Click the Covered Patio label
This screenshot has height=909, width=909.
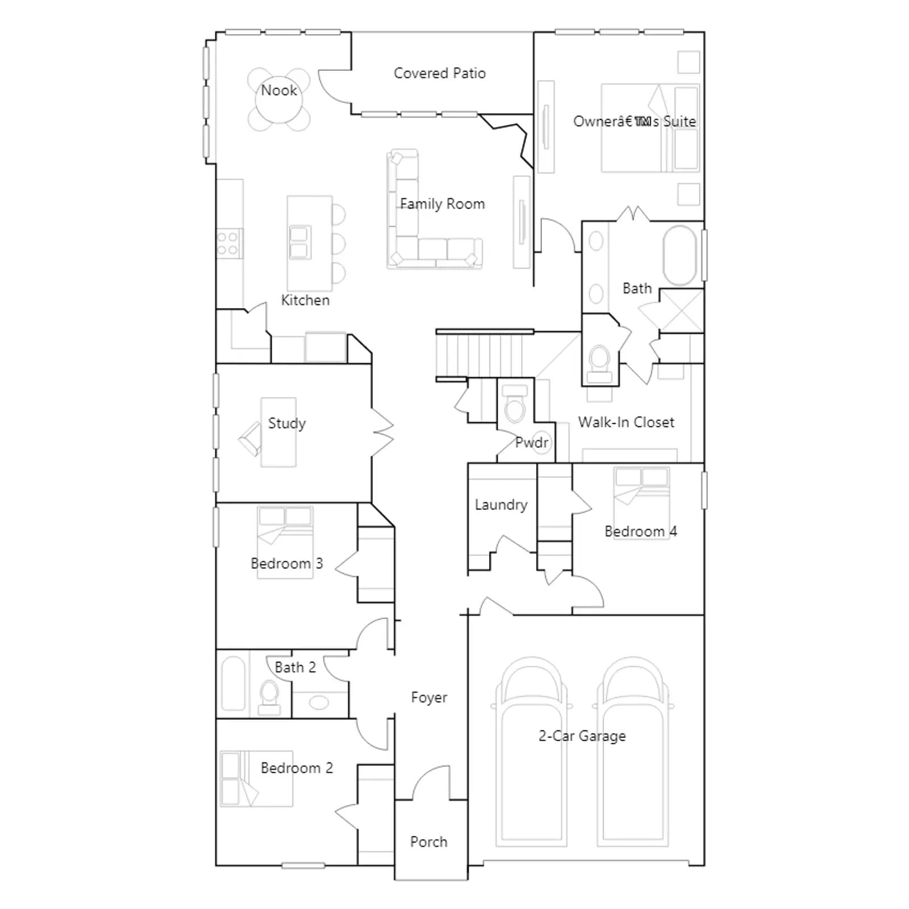click(440, 73)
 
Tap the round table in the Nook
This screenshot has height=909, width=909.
click(279, 100)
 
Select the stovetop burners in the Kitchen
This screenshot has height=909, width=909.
click(230, 244)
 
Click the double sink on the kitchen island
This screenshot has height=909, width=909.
click(299, 243)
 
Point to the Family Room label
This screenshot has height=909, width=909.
click(443, 204)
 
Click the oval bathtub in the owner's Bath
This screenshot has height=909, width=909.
click(680, 256)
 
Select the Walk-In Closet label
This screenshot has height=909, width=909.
click(626, 422)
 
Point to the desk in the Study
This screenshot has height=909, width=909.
click(278, 432)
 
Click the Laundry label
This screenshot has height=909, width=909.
click(501, 504)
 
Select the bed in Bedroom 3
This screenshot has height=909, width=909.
click(285, 543)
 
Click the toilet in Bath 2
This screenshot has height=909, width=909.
click(269, 698)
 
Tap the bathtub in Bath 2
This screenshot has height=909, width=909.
click(233, 683)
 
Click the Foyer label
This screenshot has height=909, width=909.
click(429, 698)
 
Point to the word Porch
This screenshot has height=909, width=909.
click(429, 842)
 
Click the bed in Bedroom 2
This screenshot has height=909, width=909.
click(256, 778)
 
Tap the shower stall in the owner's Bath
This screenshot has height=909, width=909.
click(681, 311)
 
